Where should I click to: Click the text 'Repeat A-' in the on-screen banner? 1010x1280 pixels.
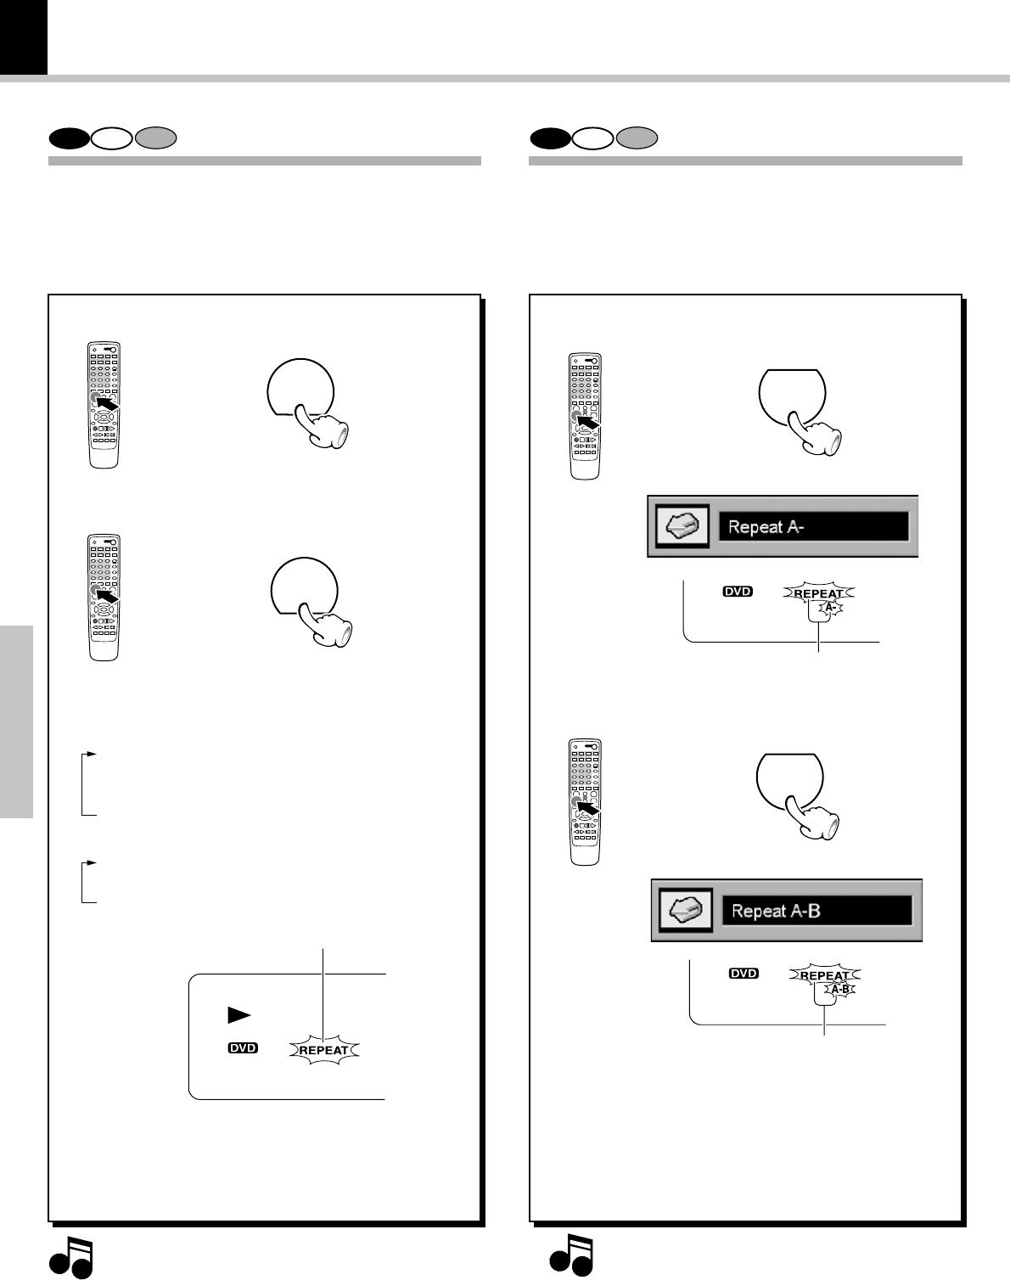pos(766,527)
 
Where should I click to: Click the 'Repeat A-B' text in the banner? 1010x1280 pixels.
pos(776,911)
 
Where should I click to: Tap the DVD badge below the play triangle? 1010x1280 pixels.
pos(243,1049)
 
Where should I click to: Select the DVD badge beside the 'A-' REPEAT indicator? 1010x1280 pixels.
pos(738,592)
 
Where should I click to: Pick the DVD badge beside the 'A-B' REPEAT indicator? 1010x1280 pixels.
pos(743,974)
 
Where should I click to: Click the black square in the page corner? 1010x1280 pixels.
pos(23,36)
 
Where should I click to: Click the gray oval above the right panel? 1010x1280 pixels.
pos(637,138)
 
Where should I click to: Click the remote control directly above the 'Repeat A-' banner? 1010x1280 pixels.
pos(585,416)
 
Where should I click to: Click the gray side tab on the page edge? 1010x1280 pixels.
pos(16,721)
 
